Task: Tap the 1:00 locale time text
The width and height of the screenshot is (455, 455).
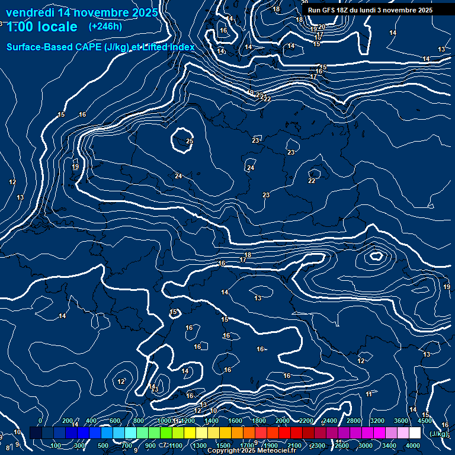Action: pyautogui.click(x=42, y=27)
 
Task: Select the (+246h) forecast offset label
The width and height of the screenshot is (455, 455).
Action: pyautogui.click(x=105, y=27)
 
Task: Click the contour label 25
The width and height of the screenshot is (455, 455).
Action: pyautogui.click(x=190, y=141)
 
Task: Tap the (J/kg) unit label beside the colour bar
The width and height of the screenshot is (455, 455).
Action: pyautogui.click(x=438, y=434)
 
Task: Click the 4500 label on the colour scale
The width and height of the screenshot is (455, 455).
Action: pyautogui.click(x=424, y=421)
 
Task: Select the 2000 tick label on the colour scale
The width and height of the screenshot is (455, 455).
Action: pyautogui.click(x=283, y=421)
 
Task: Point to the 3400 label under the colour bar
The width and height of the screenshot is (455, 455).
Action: pyautogui.click(x=390, y=446)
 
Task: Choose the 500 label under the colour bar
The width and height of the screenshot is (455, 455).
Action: pyautogui.click(x=103, y=446)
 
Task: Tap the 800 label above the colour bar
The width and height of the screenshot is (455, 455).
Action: pyautogui.click(x=139, y=421)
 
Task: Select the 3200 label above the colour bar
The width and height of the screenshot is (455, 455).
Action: pyautogui.click(x=378, y=421)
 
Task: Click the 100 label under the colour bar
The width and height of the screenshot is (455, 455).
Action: pyautogui.click(x=56, y=446)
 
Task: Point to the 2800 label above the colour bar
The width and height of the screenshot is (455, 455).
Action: pyautogui.click(x=354, y=421)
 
